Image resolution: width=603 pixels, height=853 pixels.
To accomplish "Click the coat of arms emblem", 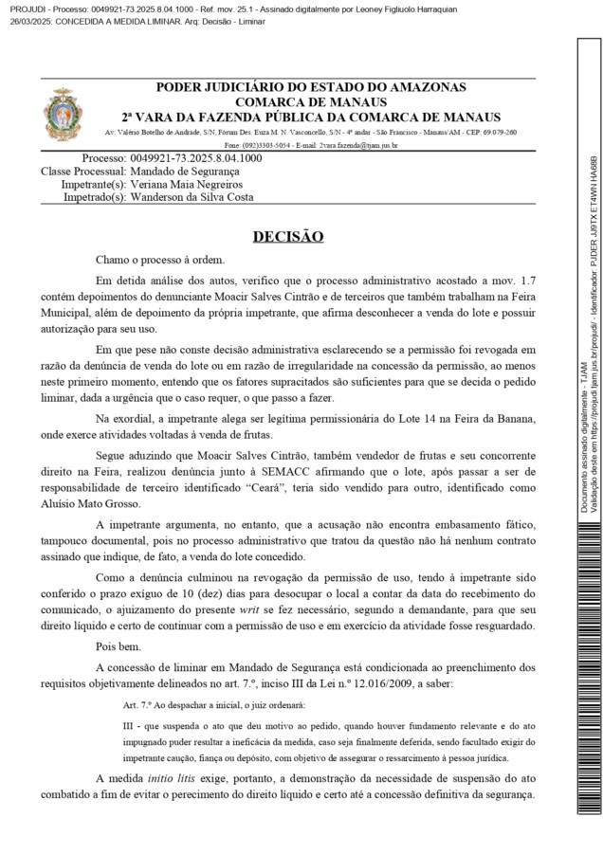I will [x=64, y=113].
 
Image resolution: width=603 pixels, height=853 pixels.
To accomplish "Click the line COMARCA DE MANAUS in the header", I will [x=311, y=101].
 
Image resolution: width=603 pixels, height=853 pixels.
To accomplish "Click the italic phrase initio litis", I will [x=178, y=777].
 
